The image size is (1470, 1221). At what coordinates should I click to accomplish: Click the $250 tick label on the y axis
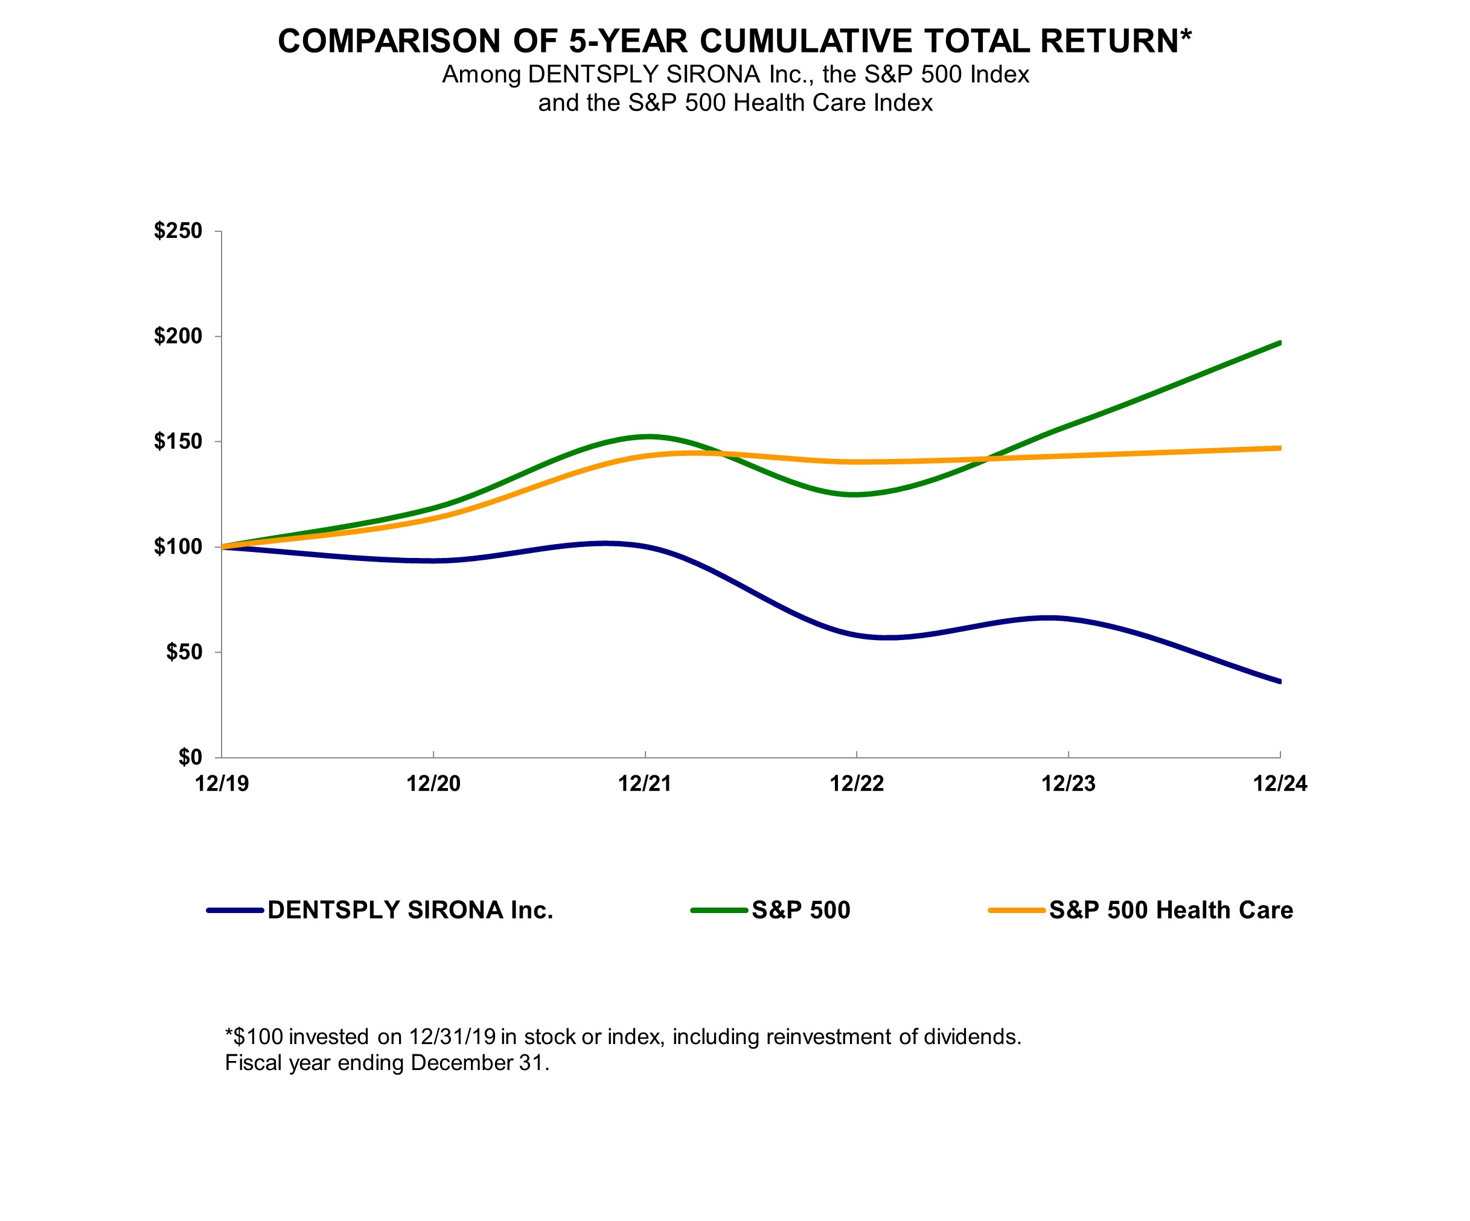click(178, 231)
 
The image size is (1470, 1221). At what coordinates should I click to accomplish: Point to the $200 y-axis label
click(178, 336)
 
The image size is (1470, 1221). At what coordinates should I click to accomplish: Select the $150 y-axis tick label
click(178, 442)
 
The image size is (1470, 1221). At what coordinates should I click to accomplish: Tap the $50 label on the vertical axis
click(184, 653)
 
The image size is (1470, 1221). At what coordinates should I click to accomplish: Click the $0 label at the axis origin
click(190, 757)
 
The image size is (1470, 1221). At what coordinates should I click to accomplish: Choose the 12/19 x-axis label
click(222, 783)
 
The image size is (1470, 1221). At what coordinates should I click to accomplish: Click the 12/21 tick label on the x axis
click(645, 783)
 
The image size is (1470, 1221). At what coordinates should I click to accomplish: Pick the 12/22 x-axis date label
click(857, 783)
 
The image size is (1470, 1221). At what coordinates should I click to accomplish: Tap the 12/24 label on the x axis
click(1280, 783)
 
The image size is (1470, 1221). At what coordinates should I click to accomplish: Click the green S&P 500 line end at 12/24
click(1279, 343)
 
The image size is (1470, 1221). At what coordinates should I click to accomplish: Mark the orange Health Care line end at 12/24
click(1279, 448)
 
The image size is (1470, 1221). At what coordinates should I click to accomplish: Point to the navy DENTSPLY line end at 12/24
click(1279, 681)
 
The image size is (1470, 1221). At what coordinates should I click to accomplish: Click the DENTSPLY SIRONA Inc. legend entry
click(410, 910)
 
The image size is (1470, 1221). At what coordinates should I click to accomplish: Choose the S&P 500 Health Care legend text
click(1171, 910)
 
